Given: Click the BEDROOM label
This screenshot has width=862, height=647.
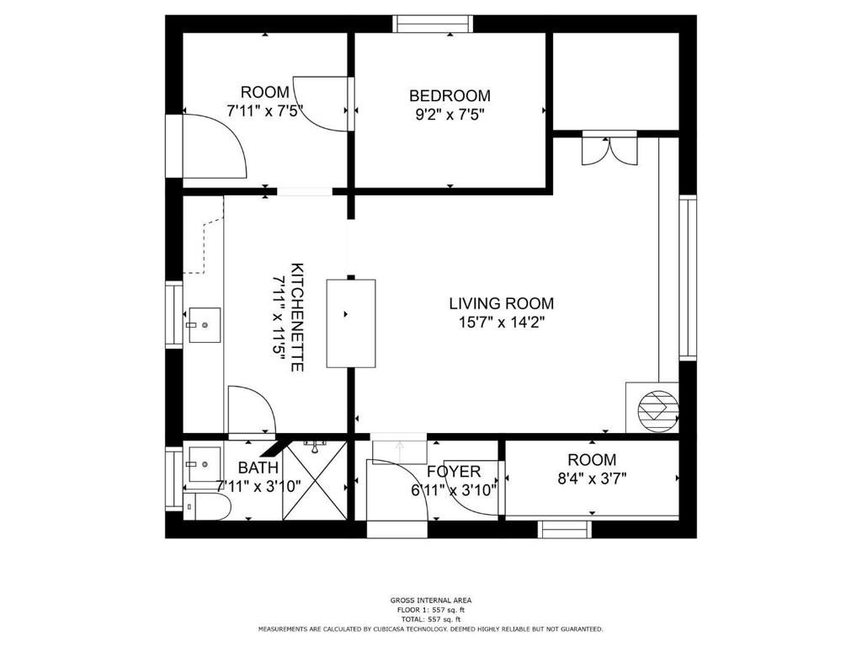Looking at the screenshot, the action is [x=450, y=96].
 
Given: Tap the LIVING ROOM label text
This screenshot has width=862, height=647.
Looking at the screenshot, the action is [x=502, y=303].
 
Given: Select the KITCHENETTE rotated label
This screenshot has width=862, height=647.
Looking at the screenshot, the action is [x=297, y=317].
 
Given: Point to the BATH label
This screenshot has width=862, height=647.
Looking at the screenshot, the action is [x=258, y=468].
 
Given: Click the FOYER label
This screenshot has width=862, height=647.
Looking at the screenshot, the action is [x=454, y=472].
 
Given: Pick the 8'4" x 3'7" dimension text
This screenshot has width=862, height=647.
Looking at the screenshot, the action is [x=592, y=479].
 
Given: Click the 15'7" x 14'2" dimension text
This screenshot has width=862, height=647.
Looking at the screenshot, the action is [x=502, y=322].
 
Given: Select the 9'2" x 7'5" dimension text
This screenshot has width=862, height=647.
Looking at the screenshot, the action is [x=450, y=115].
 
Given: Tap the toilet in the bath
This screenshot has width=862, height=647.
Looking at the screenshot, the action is [x=206, y=506].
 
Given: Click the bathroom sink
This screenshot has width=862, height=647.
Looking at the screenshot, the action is [x=205, y=464].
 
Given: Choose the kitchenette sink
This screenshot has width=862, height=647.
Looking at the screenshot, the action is [x=205, y=325].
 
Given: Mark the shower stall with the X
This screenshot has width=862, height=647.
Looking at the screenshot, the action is [x=315, y=480].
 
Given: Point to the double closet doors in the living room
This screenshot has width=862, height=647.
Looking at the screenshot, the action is [x=609, y=150].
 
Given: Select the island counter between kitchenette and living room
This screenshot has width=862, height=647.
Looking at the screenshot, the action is [x=351, y=323].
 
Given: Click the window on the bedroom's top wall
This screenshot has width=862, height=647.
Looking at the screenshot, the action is [x=434, y=24].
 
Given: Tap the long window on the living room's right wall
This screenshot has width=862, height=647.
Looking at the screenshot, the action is [x=688, y=278].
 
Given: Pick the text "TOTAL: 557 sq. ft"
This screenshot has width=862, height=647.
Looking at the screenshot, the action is [x=431, y=619].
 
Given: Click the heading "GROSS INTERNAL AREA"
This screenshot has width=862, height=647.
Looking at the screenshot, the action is [x=431, y=600].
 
